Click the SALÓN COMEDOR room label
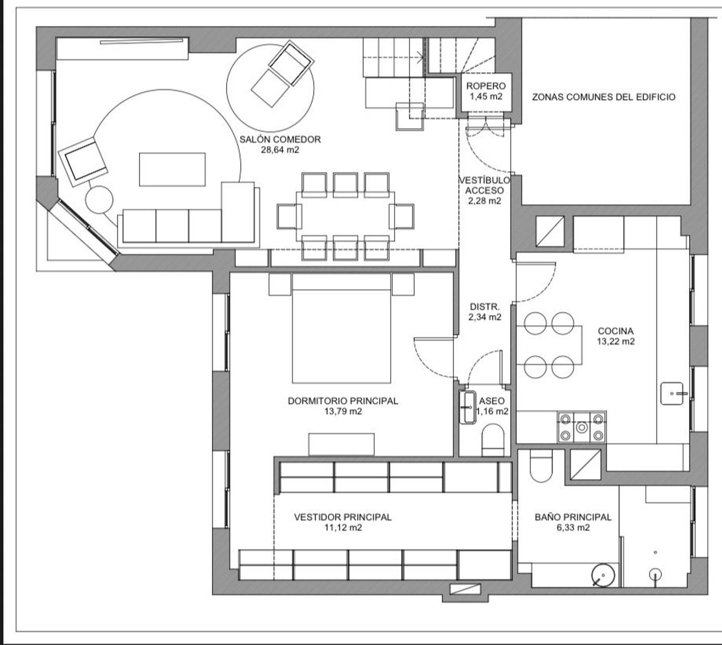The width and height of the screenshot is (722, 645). tap(280, 139)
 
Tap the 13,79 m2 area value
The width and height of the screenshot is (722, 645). tap(343, 411)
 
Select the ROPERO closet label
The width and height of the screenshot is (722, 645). tap(486, 86)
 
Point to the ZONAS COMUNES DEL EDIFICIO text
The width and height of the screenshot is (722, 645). tap(604, 97)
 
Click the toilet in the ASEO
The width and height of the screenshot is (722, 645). tap(493, 440)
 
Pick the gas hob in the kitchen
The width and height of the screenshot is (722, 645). tap(581, 427)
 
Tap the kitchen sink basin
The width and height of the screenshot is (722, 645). tap(672, 394)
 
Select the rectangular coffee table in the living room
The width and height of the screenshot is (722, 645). tap(172, 170)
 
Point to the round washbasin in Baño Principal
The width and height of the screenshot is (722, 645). tap(603, 576)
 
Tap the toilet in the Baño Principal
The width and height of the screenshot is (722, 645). tap(541, 465)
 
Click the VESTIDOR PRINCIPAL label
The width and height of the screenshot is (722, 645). tap(343, 517)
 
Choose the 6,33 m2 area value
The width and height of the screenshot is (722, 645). tap(573, 527)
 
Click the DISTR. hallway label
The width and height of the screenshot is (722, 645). tap(485, 306)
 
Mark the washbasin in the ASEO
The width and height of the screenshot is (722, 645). tap(467, 408)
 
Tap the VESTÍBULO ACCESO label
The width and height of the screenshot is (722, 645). tap(485, 185)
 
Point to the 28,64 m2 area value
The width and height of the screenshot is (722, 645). tap(280, 150)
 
